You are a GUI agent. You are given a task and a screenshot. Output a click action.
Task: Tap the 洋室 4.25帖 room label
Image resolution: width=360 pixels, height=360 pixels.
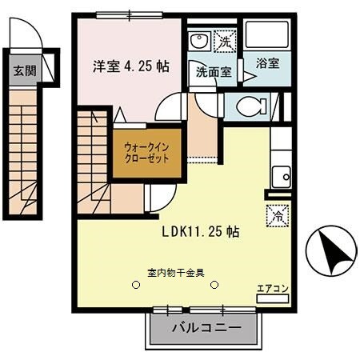(x=129, y=67)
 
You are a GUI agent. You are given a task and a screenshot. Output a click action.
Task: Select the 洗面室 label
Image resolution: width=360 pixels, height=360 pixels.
(x=214, y=71)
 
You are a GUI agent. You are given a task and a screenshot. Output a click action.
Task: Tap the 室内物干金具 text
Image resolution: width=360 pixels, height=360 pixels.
(x=176, y=272)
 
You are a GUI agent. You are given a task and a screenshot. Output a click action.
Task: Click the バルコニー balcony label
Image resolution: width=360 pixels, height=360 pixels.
(x=206, y=328)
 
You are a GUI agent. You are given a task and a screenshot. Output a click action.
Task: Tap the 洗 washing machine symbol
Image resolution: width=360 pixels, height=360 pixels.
(x=226, y=41)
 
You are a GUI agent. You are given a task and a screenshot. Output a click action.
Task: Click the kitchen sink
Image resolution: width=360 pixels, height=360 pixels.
(x=281, y=177)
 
